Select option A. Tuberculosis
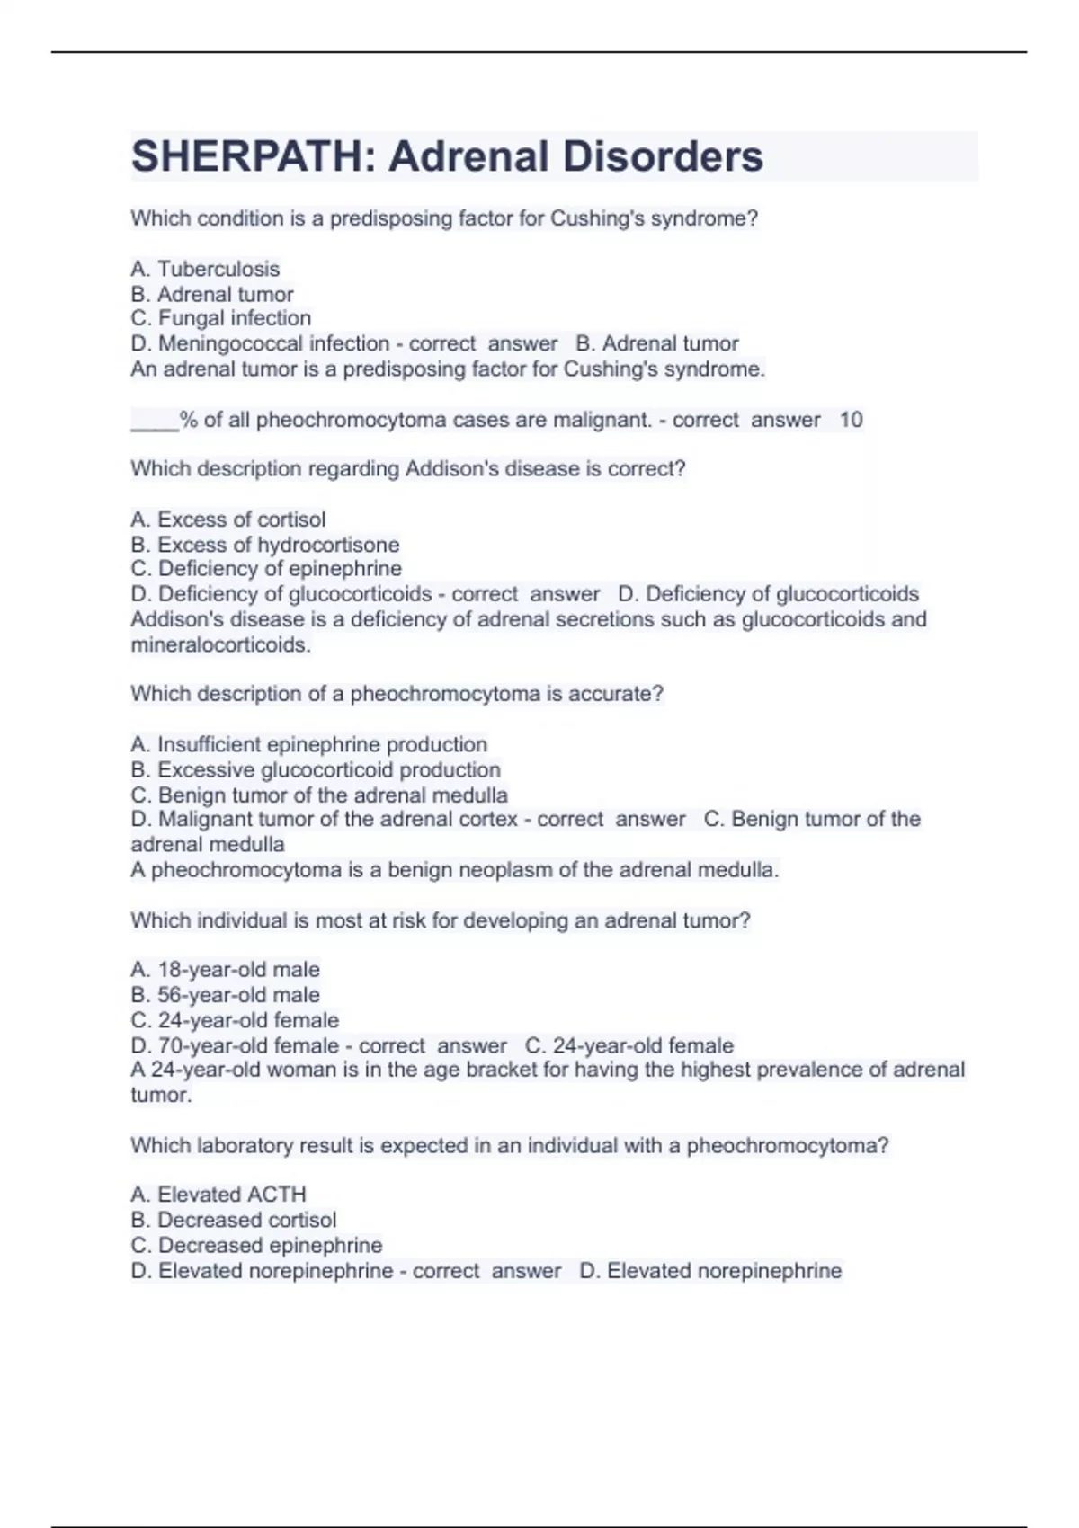coord(205,269)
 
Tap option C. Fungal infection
coord(220,318)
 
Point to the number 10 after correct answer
coord(851,420)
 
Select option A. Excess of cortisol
coord(227,520)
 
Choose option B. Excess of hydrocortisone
coord(264,545)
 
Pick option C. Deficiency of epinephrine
coord(266,569)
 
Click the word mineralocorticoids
coord(220,644)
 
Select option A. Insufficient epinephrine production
coord(308,744)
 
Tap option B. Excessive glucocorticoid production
coord(315,770)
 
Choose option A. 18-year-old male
coord(225,970)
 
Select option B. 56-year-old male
coord(225,995)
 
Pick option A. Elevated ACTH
coord(218,1195)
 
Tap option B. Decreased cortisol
coord(233,1220)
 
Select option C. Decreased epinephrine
coord(256,1245)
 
